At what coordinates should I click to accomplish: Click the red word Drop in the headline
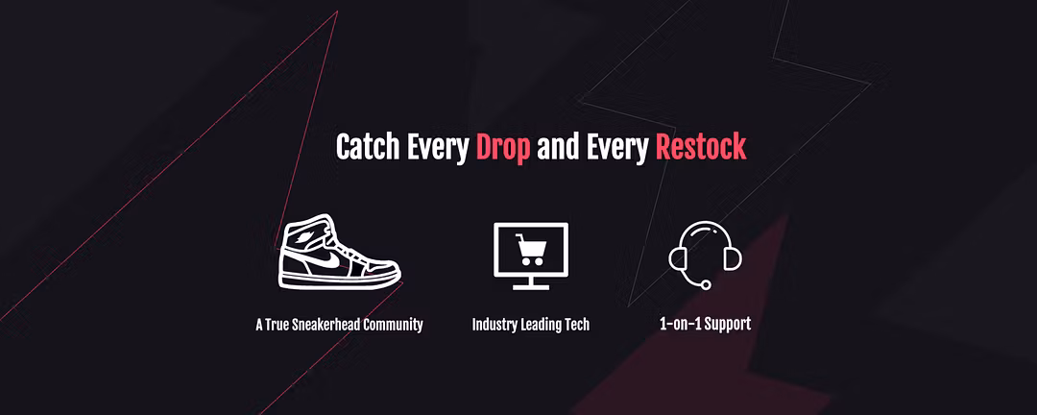coord(502,147)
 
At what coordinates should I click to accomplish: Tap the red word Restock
coord(700,147)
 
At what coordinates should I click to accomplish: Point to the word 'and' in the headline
coord(558,147)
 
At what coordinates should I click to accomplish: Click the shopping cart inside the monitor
coord(531,249)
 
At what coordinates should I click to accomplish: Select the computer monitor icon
coord(531,256)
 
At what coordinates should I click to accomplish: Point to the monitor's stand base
coord(531,287)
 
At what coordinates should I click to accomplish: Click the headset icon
coord(705,255)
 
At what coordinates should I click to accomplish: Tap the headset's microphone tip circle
coord(706,284)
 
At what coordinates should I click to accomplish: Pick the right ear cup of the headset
coord(733,258)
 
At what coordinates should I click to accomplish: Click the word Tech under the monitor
coord(577,325)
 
